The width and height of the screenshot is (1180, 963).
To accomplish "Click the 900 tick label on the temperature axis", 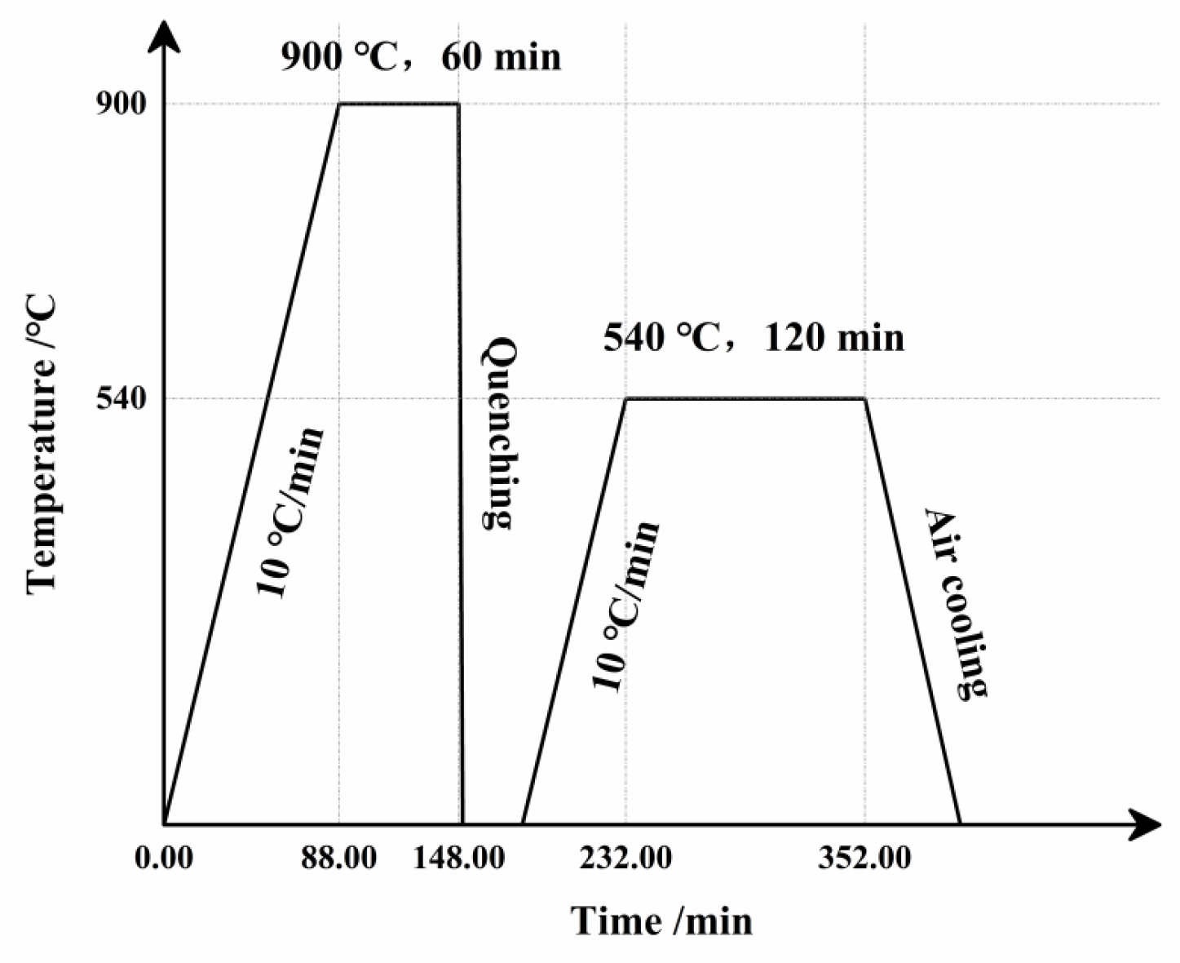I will [122, 104].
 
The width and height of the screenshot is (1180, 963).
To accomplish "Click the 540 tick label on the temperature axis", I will [122, 399].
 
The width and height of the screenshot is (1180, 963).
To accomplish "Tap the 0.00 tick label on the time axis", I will [165, 859].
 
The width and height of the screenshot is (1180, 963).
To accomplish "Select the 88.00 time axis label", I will [339, 859].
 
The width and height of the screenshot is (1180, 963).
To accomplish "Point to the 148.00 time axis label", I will [458, 859].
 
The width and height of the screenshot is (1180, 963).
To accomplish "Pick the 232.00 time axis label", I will [625, 859].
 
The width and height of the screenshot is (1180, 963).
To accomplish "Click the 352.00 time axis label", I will [865, 859].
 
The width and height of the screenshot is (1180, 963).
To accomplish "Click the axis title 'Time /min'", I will [661, 921].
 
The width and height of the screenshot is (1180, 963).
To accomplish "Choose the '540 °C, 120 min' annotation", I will [754, 337].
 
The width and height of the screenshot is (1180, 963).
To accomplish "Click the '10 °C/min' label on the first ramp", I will [291, 512].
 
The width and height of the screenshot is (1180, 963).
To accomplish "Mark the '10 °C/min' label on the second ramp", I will [625, 606].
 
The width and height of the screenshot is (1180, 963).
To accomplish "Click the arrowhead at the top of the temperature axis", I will [165, 37].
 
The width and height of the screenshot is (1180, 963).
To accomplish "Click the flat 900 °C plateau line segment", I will [399, 104].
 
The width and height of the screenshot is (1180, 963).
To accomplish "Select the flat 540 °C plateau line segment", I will [745, 398].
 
